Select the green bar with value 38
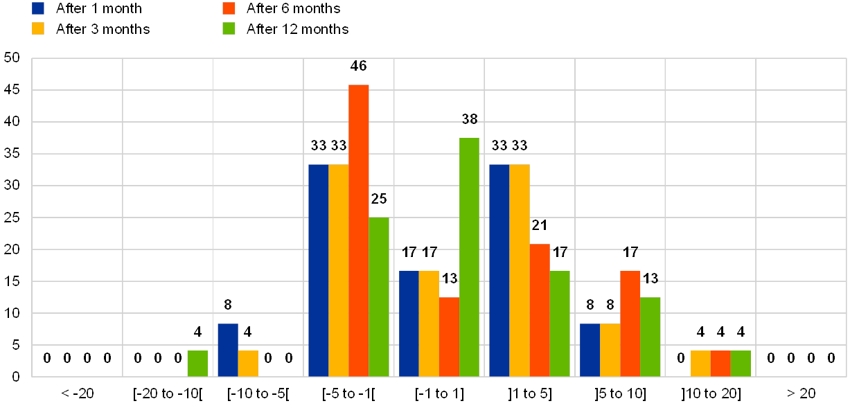(x=469, y=257)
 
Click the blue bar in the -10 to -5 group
(x=228, y=350)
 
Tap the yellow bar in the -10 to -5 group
(x=248, y=363)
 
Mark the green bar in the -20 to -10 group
(x=197, y=363)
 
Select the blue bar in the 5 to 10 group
(x=590, y=350)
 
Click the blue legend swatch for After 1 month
(x=39, y=8)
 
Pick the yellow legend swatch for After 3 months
(x=39, y=28)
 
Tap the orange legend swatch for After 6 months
(x=229, y=8)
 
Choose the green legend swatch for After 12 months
(x=229, y=28)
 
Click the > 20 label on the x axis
(x=801, y=393)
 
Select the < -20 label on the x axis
(x=77, y=393)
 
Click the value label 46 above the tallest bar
(x=359, y=66)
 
